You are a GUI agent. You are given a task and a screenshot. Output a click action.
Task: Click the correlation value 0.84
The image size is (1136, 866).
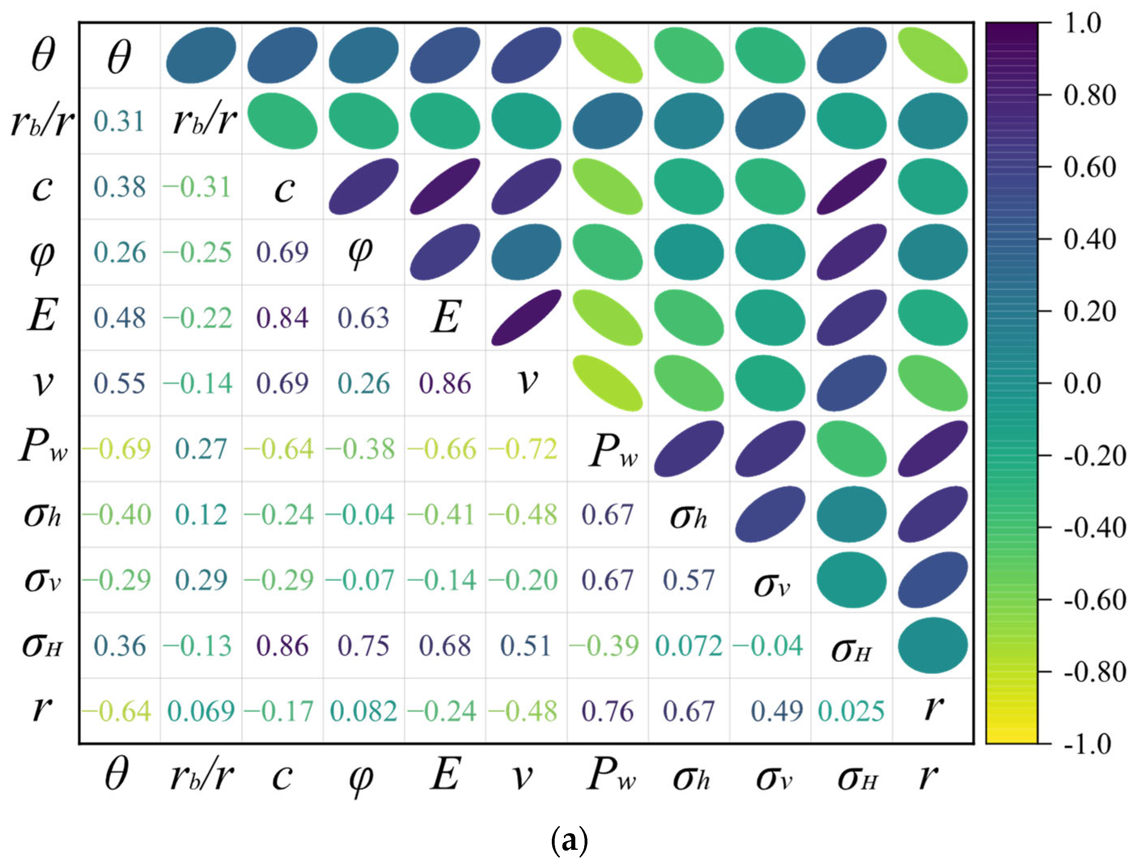coord(282,318)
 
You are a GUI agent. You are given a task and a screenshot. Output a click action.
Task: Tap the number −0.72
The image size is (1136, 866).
coord(523,449)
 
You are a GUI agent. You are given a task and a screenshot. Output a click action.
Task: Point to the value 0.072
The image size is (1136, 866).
coord(689,646)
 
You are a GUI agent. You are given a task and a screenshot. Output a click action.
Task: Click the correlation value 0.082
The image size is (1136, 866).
coord(363,711)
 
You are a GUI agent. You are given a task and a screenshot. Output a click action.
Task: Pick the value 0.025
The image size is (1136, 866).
coord(851,711)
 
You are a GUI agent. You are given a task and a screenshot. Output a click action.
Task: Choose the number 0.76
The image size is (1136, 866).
coord(607,711)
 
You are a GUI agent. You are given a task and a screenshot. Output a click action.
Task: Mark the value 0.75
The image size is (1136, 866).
coord(363,646)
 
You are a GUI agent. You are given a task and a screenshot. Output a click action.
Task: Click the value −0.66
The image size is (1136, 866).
coord(442,449)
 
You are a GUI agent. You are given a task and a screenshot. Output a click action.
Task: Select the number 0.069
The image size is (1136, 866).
coord(201,711)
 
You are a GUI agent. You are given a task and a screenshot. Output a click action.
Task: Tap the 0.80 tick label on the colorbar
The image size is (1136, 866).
coord(1089,95)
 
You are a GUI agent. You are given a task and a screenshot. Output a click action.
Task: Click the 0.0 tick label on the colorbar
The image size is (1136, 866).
coord(1082,383)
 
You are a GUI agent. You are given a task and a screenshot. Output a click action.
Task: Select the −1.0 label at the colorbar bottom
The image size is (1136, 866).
coord(1087,744)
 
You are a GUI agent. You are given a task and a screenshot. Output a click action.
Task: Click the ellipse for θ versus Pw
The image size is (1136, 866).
coord(608,55)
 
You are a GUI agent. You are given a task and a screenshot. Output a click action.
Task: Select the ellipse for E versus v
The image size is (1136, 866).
coord(526,317)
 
